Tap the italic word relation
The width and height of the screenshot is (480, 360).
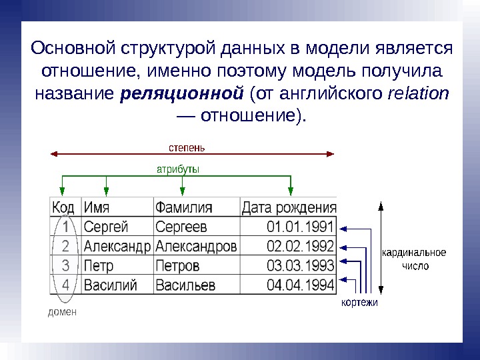418,93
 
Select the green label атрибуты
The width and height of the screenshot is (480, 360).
178,169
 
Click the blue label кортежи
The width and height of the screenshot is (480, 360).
359,303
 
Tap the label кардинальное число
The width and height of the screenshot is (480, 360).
414,259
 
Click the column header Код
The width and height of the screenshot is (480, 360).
63,207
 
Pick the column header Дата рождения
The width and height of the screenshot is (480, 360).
289,207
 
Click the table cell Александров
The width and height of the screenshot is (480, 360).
196,246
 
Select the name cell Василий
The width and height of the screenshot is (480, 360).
111,285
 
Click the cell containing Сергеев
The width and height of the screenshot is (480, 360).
182,227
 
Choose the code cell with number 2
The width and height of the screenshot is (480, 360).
65,246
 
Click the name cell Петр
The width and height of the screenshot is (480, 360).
99,266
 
